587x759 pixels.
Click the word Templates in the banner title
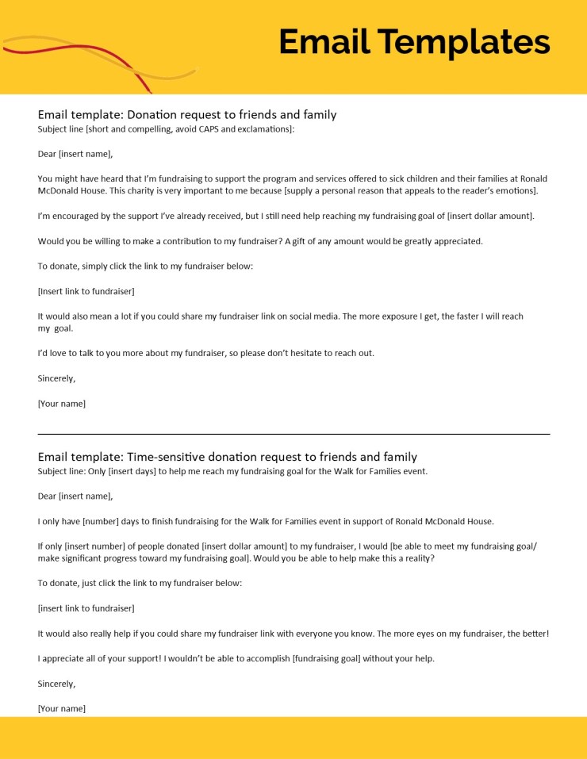pos(462,42)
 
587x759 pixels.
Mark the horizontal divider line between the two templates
pos(293,434)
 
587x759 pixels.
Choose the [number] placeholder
pos(98,521)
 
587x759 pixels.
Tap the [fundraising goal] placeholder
pos(326,658)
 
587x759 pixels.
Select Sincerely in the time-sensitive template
pos(56,684)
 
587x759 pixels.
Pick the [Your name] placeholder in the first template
pos(62,404)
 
